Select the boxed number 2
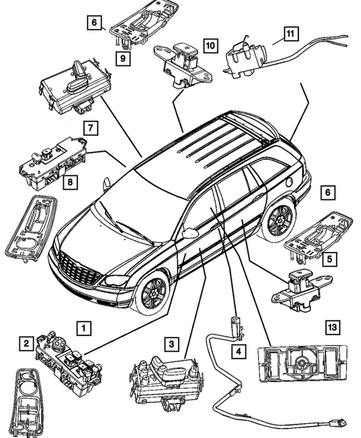26,343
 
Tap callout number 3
172,344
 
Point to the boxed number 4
238,350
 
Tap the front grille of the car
80,268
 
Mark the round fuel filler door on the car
289,181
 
